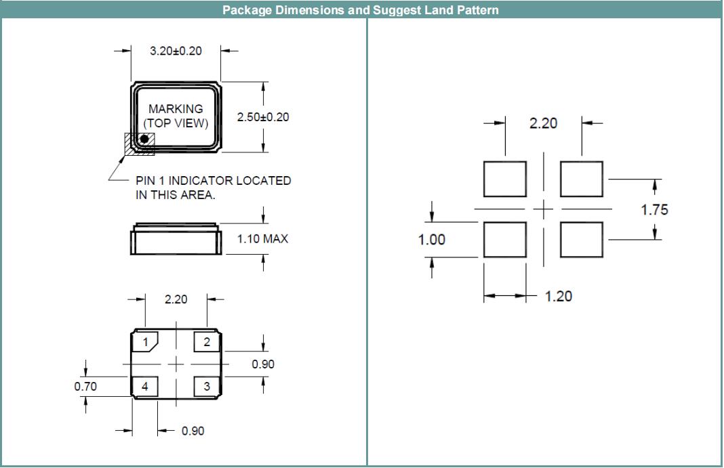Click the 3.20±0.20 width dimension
176,51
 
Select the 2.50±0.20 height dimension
263,117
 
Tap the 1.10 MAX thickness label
262,239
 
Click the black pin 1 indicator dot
144,139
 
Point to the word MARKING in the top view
176,108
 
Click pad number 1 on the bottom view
145,343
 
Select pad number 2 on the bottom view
207,343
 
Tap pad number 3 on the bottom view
207,387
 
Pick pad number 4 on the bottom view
145,387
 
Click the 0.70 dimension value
85,387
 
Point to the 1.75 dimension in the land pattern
654,210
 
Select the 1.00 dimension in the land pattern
432,240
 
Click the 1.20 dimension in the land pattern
559,296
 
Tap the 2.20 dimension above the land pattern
543,123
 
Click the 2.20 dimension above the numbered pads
176,299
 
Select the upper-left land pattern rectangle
505,179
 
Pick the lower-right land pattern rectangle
582,240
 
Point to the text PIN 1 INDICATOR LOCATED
213,181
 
